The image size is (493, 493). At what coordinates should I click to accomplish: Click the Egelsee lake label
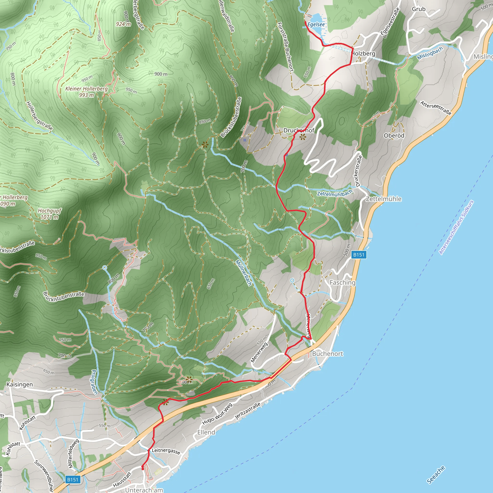tap(316, 25)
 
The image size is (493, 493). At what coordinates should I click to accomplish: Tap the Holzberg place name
tap(363, 54)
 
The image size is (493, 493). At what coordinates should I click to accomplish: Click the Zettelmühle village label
tap(383, 199)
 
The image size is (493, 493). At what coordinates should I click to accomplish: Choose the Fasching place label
tap(342, 282)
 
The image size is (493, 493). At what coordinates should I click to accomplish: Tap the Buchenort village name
tap(328, 354)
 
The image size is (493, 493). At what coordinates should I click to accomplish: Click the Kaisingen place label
tap(20, 384)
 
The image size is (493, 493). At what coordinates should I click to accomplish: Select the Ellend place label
tap(206, 432)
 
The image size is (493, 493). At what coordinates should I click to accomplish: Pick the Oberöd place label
tap(394, 136)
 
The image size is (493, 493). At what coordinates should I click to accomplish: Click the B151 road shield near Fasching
tap(359, 255)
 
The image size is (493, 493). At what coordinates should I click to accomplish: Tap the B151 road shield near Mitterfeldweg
tap(72, 480)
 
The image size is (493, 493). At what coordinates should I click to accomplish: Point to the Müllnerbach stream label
tap(243, 272)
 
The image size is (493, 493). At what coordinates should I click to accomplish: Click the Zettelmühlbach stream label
tap(335, 193)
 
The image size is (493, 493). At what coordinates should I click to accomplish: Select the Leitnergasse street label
tap(166, 451)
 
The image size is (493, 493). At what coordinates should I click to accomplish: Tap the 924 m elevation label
tap(123, 24)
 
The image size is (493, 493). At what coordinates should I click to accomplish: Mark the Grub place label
tap(419, 9)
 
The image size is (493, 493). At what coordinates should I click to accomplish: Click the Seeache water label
tap(436, 475)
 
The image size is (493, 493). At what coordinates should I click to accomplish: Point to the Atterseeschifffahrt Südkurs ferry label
tap(456, 227)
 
